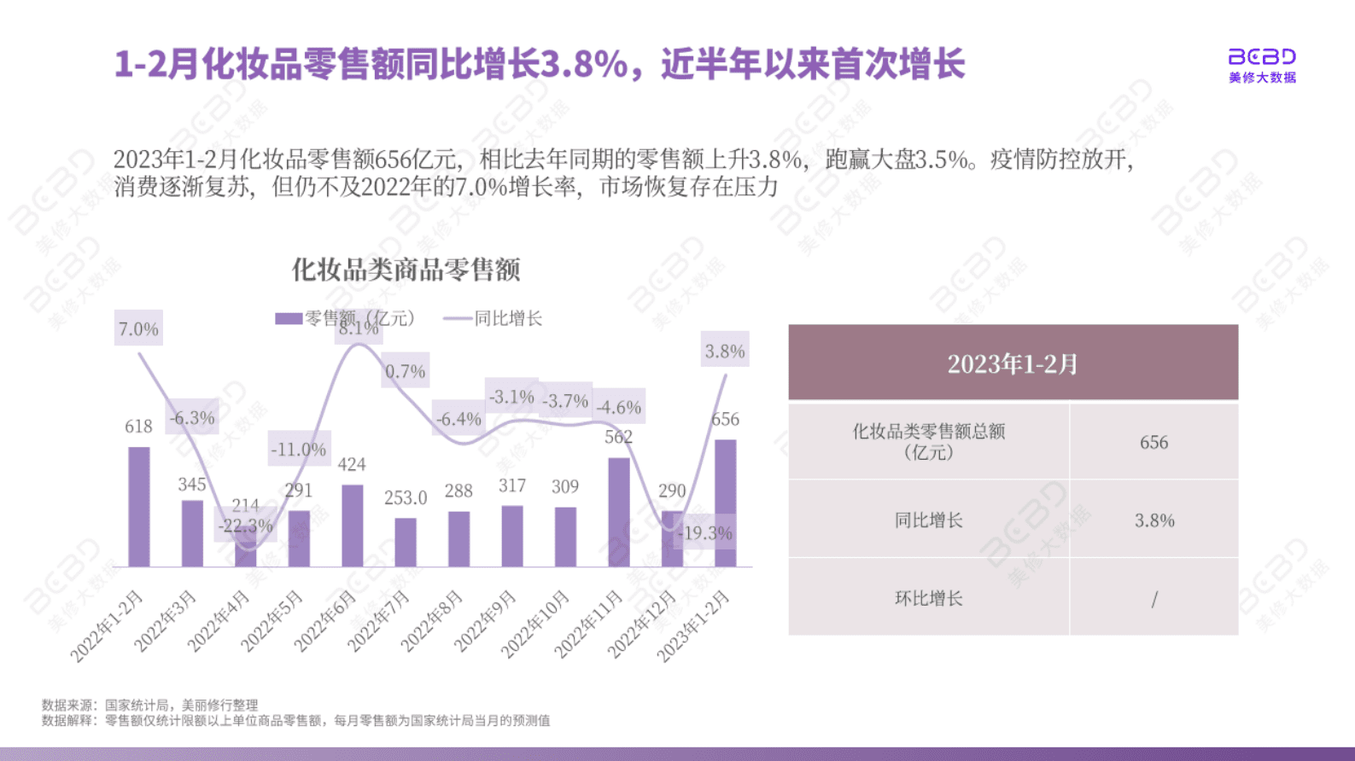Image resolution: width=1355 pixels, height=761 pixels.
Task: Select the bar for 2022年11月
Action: tap(619, 512)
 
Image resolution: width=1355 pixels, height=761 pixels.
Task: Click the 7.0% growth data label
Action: tap(138, 328)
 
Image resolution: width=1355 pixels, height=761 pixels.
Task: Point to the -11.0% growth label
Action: tap(298, 449)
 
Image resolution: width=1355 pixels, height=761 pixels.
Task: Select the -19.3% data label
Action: tap(704, 533)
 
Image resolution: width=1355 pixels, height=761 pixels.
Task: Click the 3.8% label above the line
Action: tap(725, 351)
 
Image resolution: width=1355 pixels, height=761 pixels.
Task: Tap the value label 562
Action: tap(618, 437)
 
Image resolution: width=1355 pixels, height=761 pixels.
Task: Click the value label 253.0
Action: tap(405, 497)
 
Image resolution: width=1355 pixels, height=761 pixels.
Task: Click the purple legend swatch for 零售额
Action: tap(288, 318)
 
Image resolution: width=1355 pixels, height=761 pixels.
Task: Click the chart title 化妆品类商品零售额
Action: tap(406, 270)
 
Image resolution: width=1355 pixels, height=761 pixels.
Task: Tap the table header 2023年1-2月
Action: tap(1013, 363)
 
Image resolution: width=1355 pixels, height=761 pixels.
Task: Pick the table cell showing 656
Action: tap(1154, 442)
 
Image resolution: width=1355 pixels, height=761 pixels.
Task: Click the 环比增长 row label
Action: tap(928, 598)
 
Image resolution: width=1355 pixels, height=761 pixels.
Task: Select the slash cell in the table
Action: tap(1154, 599)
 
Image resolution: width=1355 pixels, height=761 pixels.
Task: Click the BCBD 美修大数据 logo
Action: tap(1261, 65)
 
